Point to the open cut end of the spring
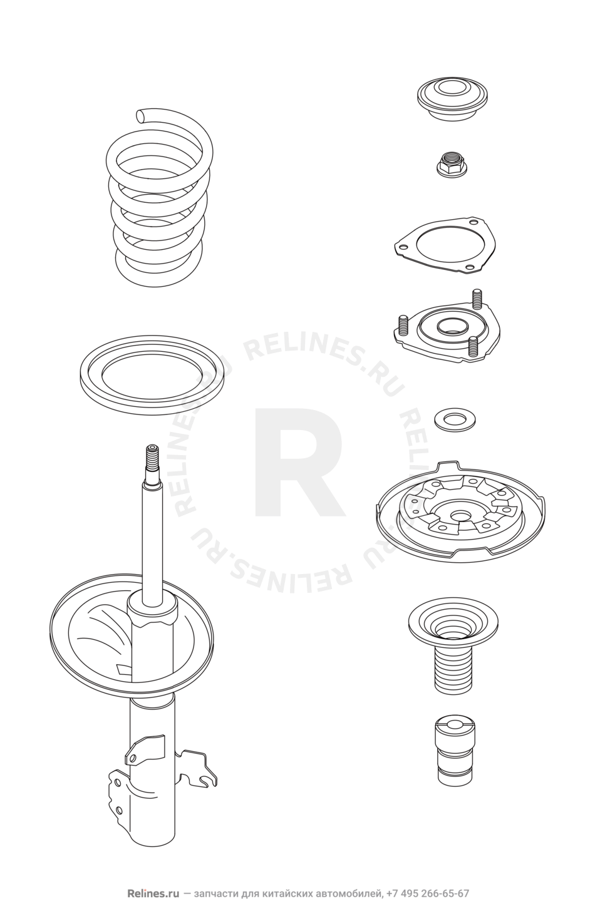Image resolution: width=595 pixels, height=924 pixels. [x=142, y=115]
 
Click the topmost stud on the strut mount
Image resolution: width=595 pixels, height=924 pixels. [x=478, y=299]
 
